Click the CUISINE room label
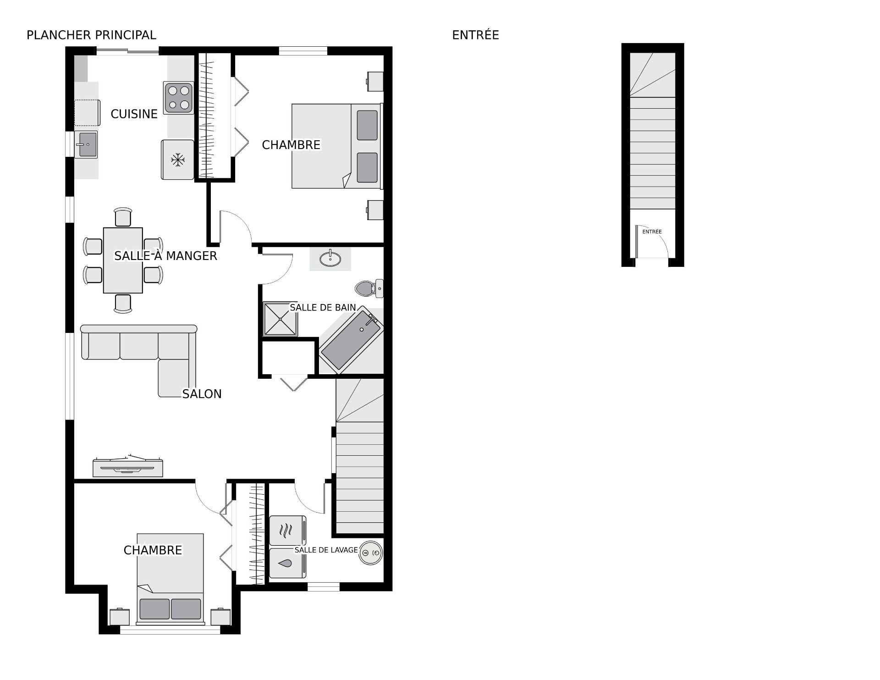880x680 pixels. pos(134,114)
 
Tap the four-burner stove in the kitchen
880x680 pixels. pos(178,98)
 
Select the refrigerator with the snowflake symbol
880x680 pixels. pos(177,160)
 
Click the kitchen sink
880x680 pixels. pos(86,144)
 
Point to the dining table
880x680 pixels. pos(123,260)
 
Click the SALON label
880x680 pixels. pos(202,394)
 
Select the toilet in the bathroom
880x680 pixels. pos(369,288)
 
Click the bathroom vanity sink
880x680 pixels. pos(330,259)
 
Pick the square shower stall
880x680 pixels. pos(280,319)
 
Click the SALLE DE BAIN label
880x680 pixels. pos(323,308)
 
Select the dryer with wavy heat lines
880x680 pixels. pos(287,531)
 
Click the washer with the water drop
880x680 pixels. pos(287,563)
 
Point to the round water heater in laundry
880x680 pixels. pos(371,553)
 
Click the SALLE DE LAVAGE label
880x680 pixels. pos(326,550)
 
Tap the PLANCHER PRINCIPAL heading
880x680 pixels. pos(91,35)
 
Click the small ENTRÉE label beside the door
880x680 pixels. pos(652,232)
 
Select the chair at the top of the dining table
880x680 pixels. pos(123,217)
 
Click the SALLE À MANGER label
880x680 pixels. pos(165,255)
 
